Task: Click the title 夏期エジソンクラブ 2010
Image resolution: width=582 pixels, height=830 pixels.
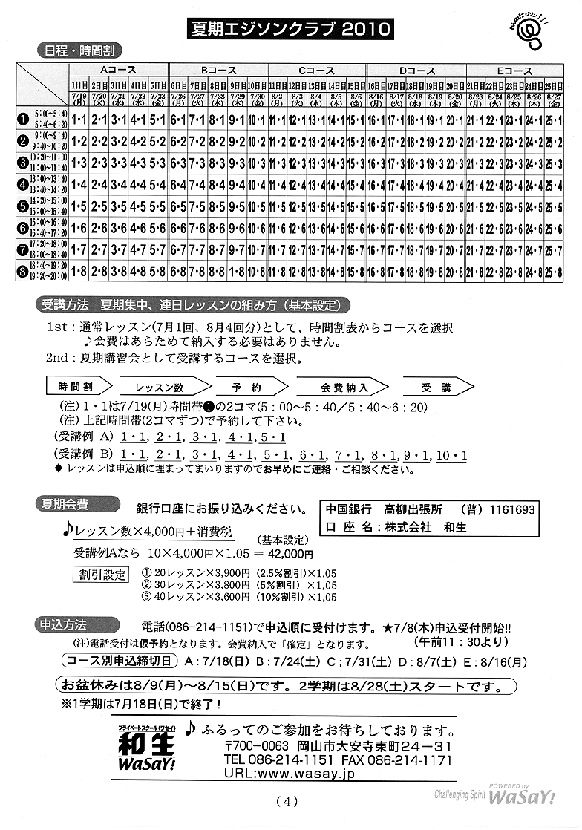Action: tap(290, 29)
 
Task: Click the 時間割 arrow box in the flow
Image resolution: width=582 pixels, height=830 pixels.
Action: tap(78, 387)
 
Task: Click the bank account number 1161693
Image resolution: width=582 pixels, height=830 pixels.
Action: tap(509, 510)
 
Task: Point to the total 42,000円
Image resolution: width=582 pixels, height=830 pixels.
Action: tap(288, 553)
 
